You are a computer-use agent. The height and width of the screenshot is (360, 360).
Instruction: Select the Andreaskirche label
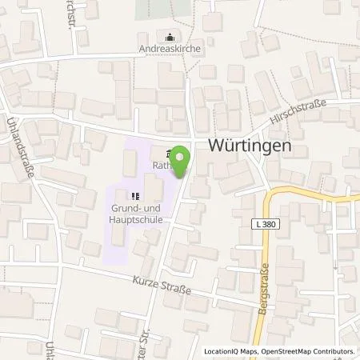tap(169, 49)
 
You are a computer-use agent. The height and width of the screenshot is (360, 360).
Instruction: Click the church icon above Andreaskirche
tap(169, 36)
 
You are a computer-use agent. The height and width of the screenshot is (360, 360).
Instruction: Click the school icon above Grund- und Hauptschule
tap(134, 194)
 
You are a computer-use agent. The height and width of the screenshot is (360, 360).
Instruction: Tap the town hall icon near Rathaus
tap(166, 154)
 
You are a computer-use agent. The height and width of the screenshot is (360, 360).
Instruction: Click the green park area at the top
tap(163, 9)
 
